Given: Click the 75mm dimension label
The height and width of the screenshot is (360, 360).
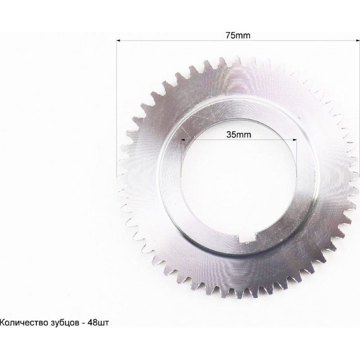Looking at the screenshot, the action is coord(238,36).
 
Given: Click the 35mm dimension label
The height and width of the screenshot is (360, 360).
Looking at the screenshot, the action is coord(238,135).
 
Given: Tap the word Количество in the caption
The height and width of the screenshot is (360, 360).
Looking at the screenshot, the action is coord(24,323).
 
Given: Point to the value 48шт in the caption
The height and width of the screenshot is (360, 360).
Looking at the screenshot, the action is coord(98,323).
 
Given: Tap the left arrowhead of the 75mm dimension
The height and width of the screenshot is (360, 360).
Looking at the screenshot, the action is coord(118,40).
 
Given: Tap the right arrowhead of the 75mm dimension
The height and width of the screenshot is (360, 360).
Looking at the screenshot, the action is coord(358,40).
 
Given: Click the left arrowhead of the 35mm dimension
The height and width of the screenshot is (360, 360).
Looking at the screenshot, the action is coord(183,139).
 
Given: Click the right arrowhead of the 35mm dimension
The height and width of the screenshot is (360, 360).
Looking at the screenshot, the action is coord(295,139).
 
